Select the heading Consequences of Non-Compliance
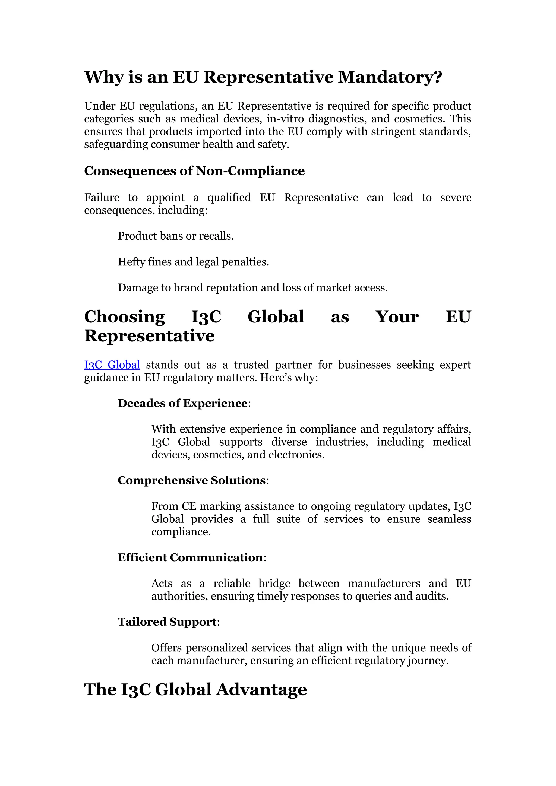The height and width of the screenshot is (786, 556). coord(194,171)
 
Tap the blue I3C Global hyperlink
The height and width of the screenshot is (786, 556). coord(112,365)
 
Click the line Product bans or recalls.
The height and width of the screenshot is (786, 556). coord(176,236)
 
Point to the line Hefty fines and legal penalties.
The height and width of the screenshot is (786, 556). coord(194,262)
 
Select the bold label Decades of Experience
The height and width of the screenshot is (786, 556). coord(182,403)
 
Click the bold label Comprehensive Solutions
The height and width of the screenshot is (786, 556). coord(192,480)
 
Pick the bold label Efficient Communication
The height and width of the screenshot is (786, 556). coord(190,557)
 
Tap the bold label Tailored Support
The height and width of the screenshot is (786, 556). coord(167,622)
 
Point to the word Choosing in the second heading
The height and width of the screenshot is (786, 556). coord(125,317)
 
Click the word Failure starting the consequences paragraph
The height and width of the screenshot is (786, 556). coord(102,198)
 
